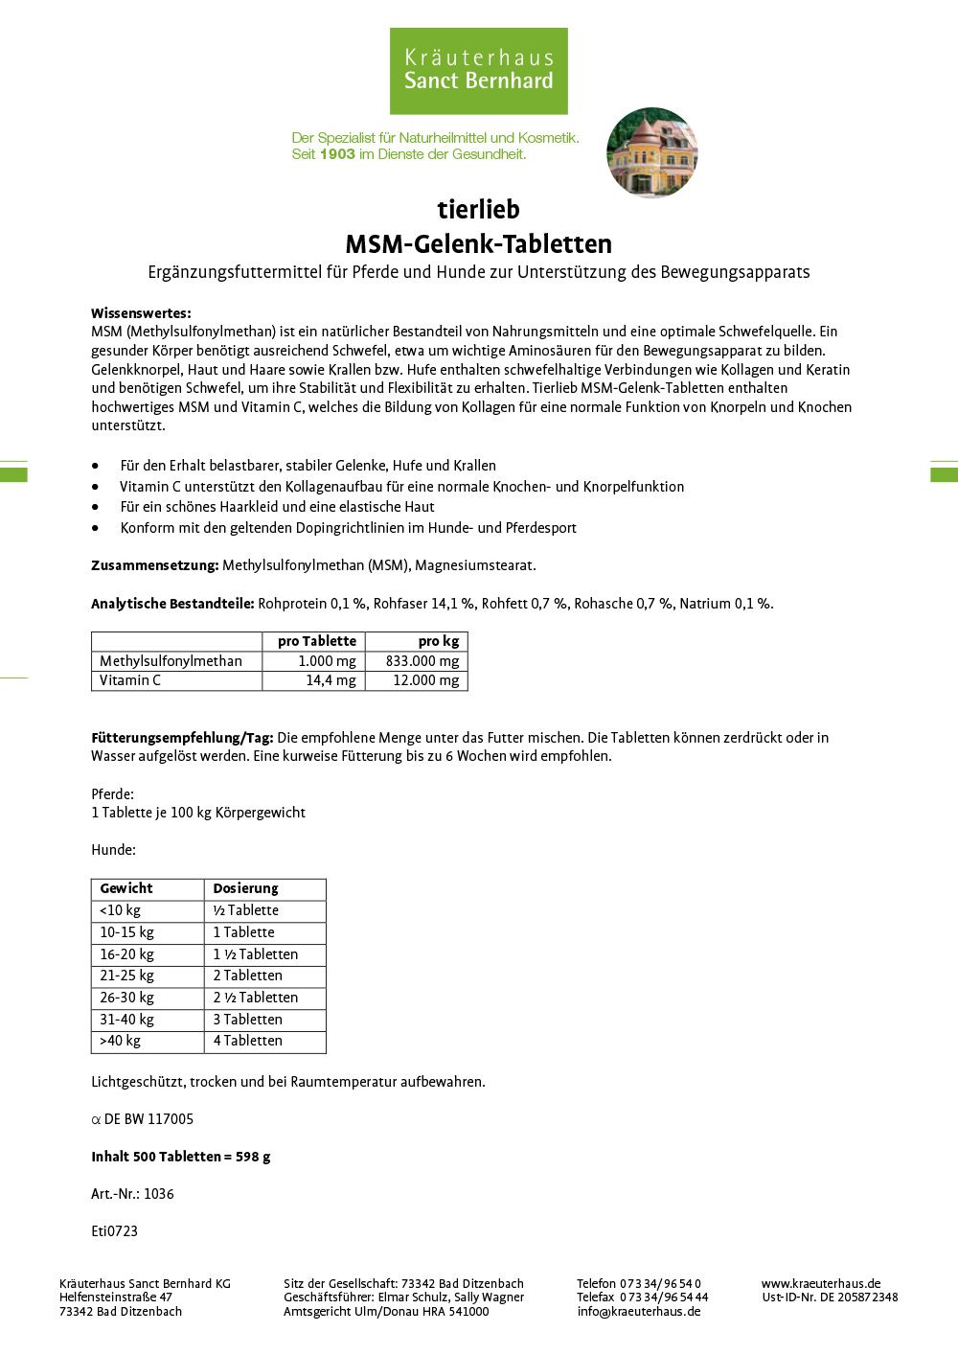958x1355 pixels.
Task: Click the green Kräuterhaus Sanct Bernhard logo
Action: click(478, 71)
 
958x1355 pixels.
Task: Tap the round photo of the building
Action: click(651, 152)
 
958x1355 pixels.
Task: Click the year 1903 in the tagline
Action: click(337, 153)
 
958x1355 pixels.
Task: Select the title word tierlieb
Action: click(478, 209)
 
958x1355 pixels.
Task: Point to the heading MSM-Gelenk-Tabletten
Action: click(478, 243)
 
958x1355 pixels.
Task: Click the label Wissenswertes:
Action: click(141, 313)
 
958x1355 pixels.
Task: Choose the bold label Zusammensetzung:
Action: click(155, 565)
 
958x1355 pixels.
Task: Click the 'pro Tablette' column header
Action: click(316, 641)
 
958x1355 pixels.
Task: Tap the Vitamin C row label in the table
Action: click(130, 680)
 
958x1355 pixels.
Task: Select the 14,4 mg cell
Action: click(331, 680)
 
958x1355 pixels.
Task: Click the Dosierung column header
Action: click(245, 888)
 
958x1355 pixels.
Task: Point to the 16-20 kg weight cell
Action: click(126, 954)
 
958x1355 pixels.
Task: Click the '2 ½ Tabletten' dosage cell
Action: click(255, 998)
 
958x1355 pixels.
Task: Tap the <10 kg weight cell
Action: click(120, 910)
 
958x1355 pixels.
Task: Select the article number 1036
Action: click(159, 1194)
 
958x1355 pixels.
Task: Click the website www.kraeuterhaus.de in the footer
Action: click(821, 1284)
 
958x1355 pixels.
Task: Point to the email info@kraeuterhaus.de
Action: click(638, 1312)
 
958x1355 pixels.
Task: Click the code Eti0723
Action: click(114, 1231)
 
